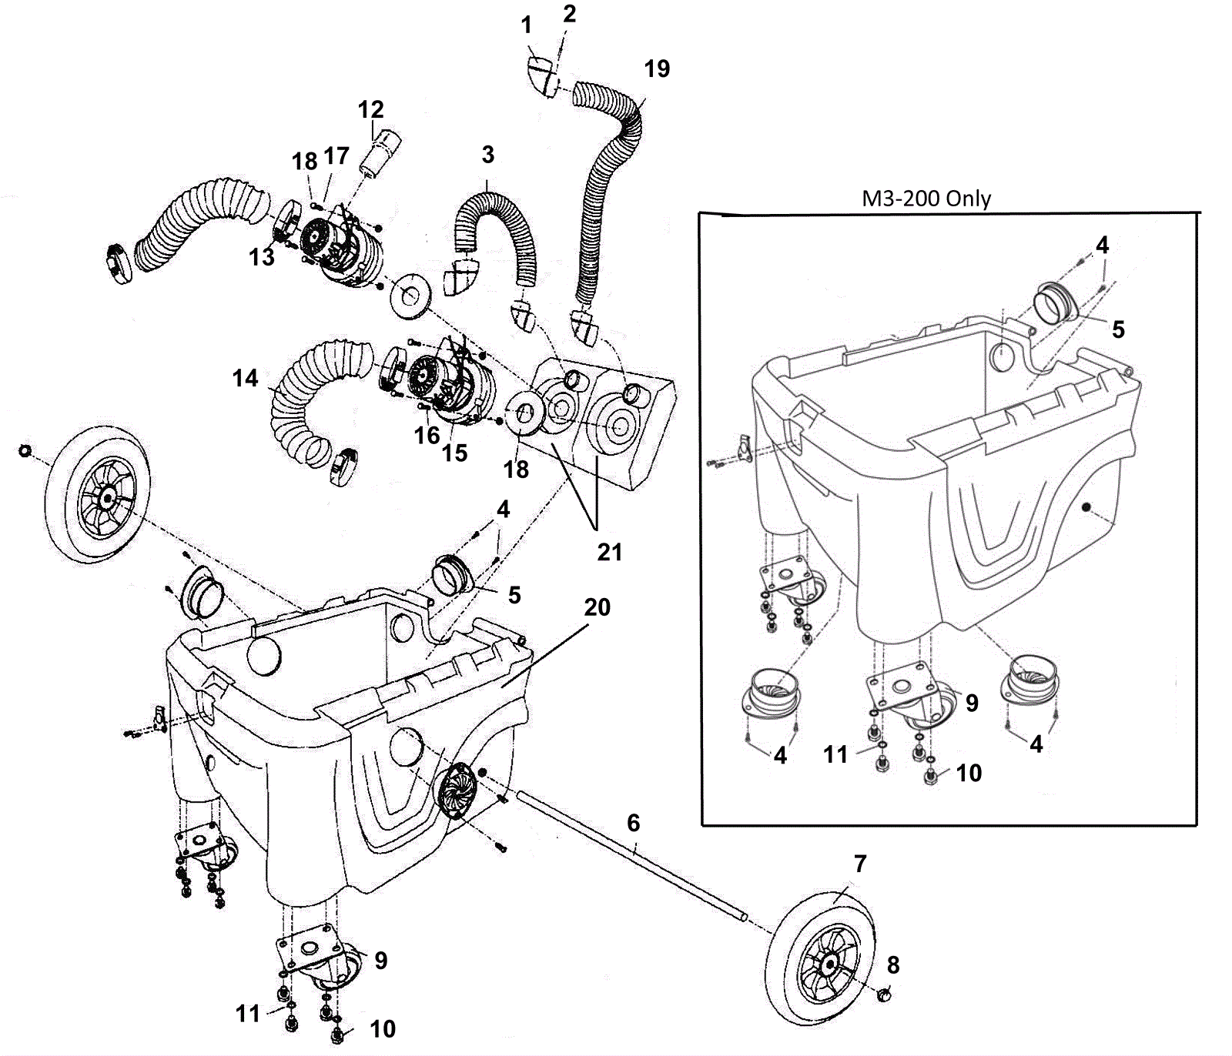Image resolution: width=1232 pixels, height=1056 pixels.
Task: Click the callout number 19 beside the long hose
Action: (657, 69)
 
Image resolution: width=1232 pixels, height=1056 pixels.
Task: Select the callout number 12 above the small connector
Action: (370, 109)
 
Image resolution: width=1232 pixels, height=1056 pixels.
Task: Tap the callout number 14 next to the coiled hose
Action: (246, 378)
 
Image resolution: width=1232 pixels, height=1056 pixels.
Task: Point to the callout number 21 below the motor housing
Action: (610, 552)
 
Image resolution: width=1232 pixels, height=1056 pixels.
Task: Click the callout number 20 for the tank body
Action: (598, 607)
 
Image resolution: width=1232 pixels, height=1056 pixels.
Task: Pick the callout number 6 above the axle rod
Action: (633, 823)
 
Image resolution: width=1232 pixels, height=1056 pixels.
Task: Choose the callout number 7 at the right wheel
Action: (860, 864)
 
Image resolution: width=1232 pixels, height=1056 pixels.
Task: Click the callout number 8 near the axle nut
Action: (893, 964)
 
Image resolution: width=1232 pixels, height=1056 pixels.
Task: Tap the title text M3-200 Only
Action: (926, 199)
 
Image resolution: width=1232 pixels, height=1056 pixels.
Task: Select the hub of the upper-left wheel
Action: (105, 499)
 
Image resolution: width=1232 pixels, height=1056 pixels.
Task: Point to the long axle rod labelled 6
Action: (631, 857)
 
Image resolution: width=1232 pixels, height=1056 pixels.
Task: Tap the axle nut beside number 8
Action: (885, 996)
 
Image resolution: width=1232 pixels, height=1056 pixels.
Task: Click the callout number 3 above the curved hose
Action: (487, 155)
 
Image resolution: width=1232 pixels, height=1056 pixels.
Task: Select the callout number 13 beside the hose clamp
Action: (262, 257)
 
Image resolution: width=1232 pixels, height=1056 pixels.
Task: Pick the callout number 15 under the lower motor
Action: (454, 453)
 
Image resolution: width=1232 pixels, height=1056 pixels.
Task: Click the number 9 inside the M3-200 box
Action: (972, 703)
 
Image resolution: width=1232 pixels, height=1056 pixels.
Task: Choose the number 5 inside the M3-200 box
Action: (1118, 329)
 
